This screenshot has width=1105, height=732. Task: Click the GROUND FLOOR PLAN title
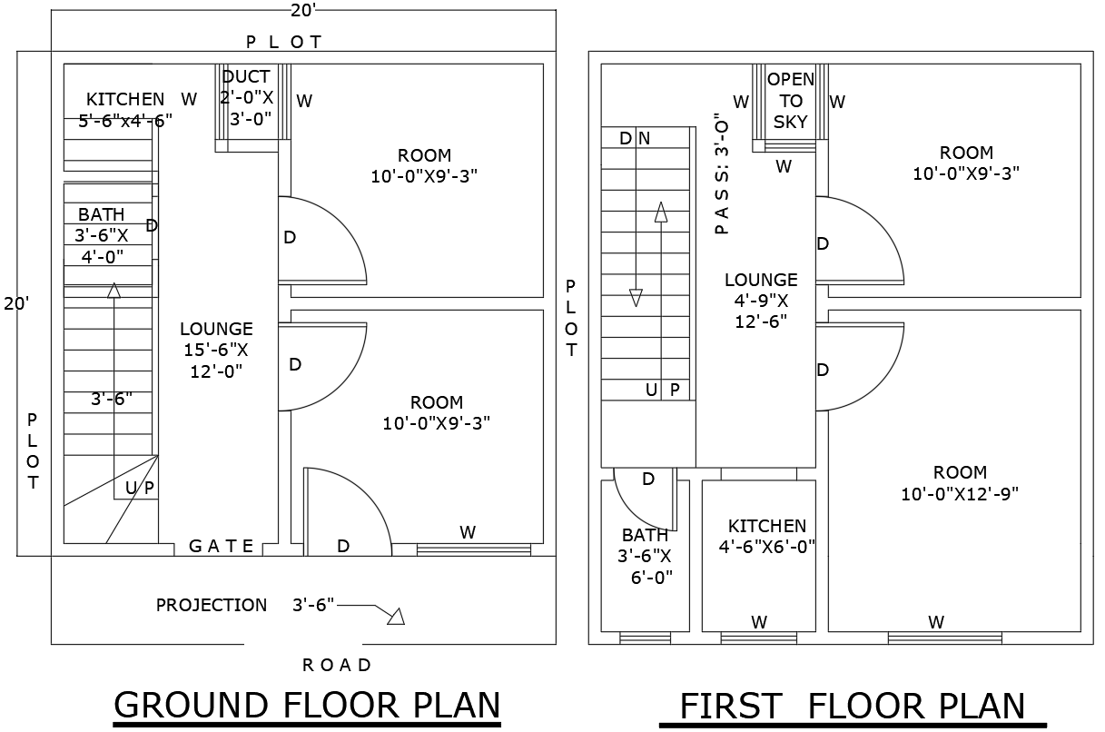pyautogui.click(x=307, y=705)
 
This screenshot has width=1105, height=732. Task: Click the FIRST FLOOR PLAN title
pyautogui.click(x=853, y=707)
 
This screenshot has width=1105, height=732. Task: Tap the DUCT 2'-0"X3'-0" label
pyautogui.click(x=246, y=97)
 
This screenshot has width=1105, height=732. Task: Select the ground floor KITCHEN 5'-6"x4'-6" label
pyautogui.click(x=124, y=110)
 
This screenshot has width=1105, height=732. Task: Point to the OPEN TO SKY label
pyautogui.click(x=791, y=100)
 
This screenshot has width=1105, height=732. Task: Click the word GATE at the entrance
pyautogui.click(x=221, y=546)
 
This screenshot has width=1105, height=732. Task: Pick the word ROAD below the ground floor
pyautogui.click(x=337, y=665)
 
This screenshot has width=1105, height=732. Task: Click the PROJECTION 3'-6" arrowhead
pyautogui.click(x=395, y=617)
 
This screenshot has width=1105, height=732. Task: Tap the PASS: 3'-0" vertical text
pyautogui.click(x=722, y=173)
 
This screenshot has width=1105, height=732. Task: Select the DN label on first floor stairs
pyautogui.click(x=635, y=138)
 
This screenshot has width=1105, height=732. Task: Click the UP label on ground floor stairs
pyautogui.click(x=140, y=488)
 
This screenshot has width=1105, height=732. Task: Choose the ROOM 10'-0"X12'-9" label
pyautogui.click(x=960, y=483)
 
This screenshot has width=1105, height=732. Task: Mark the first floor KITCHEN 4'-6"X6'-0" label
pyautogui.click(x=767, y=536)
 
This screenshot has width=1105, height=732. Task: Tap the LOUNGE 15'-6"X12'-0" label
pyautogui.click(x=216, y=350)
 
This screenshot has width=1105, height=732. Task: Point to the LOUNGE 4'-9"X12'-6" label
pyautogui.click(x=761, y=300)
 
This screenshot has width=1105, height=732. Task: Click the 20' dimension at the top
pyautogui.click(x=303, y=10)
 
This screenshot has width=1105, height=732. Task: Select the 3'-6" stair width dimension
pyautogui.click(x=112, y=399)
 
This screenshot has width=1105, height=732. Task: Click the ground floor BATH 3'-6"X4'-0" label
pyautogui.click(x=102, y=235)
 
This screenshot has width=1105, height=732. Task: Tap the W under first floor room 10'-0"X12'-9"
pyautogui.click(x=936, y=622)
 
